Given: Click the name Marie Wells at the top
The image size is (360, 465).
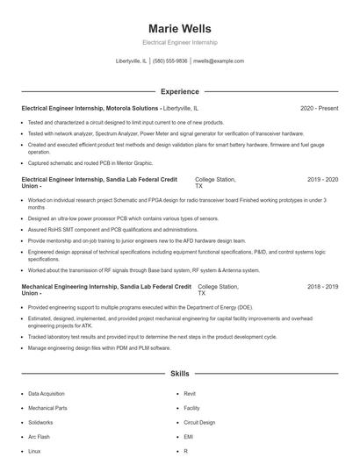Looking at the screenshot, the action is [x=179, y=27].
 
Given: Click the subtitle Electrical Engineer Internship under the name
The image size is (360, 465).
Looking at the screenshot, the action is [x=179, y=42].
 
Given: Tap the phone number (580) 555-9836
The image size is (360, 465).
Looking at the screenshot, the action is [x=169, y=61].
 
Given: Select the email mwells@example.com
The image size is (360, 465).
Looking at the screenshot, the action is [x=218, y=61].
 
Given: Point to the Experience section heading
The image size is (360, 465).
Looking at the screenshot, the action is [x=179, y=91].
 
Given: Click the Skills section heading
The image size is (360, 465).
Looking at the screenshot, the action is [x=179, y=373].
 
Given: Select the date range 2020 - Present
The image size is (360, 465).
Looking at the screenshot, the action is [x=319, y=109].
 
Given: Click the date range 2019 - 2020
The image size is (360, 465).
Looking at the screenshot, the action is [x=322, y=179].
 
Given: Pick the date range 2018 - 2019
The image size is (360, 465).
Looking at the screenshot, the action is [x=322, y=287].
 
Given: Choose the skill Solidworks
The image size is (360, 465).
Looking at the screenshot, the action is [x=40, y=422].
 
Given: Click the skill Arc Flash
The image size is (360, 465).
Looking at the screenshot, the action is [x=39, y=436].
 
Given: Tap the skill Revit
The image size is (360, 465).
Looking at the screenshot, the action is [x=189, y=394].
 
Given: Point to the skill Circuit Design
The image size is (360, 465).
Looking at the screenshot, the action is [x=198, y=422].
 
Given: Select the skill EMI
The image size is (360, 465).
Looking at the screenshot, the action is [x=188, y=436].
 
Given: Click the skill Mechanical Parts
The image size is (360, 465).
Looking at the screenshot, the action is [x=47, y=408].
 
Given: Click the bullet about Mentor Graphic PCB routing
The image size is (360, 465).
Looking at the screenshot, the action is [x=77, y=162].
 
